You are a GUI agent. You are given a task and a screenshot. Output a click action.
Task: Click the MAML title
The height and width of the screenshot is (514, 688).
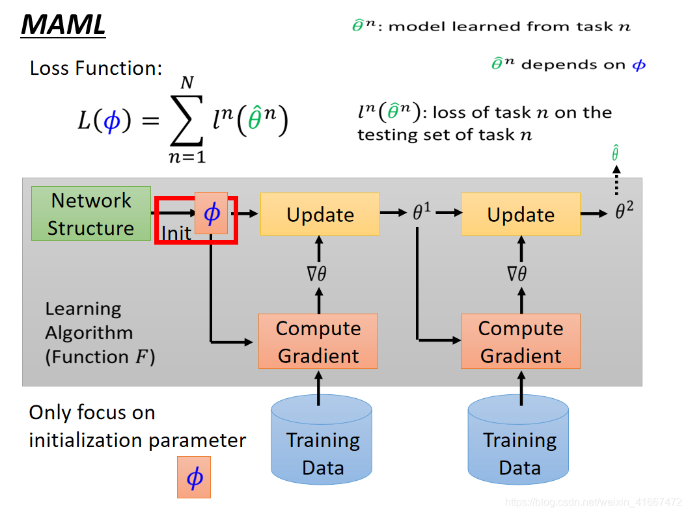pos(63,25)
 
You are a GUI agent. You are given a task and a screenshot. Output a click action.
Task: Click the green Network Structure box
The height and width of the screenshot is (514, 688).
pos(91,213)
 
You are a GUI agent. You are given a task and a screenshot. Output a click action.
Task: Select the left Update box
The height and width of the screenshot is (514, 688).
pos(320,214)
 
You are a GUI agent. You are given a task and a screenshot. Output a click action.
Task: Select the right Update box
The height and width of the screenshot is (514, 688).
pos(521,214)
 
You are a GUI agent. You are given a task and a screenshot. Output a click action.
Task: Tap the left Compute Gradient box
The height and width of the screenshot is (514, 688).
pos(318,341)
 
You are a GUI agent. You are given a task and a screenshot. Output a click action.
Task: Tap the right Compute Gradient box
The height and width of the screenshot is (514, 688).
pos(521,341)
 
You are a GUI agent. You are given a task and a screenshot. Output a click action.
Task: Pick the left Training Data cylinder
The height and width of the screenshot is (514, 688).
pos(322,439)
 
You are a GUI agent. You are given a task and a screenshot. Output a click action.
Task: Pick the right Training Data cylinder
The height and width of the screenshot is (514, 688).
pos(518,439)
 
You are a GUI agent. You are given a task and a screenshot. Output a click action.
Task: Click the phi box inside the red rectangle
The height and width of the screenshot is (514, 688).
pos(211,213)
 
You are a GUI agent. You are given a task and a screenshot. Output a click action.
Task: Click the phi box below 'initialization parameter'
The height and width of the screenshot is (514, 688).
pos(194,477)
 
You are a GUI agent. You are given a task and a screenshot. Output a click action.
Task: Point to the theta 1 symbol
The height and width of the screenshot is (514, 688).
pos(422,212)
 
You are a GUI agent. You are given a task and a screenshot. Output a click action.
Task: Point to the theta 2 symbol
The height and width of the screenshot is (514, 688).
pos(624,210)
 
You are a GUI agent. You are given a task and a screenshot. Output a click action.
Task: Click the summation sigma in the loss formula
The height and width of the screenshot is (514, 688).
pos(187,120)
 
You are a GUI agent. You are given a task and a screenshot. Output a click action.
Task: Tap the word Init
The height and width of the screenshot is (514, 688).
pos(176,234)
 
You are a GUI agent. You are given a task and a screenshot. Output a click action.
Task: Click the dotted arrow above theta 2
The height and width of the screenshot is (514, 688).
pos(616,180)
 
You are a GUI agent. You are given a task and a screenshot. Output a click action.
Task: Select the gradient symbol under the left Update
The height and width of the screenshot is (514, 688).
pos(317,274)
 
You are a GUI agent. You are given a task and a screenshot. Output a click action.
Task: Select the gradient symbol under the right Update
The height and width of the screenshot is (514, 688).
pos(516,274)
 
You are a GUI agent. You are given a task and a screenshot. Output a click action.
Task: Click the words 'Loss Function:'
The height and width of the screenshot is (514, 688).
pos(96,68)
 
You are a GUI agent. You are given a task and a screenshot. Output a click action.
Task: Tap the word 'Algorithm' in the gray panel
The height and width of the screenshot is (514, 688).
pos(89,333)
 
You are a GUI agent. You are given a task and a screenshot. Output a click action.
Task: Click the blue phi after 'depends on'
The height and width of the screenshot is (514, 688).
pos(639,65)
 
